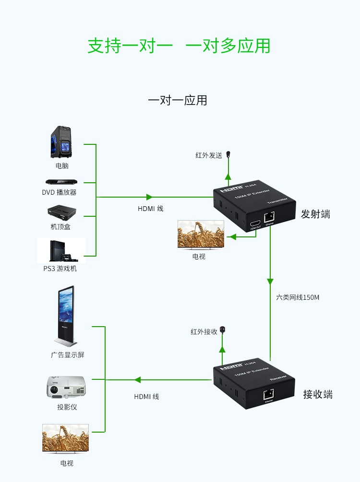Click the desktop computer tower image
(61, 142)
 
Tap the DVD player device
(61, 182)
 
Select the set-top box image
(61, 212)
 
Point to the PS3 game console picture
(62, 250)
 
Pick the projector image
(66, 387)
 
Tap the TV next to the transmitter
(201, 235)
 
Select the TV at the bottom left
(65, 438)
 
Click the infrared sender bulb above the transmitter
(228, 154)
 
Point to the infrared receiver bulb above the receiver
(222, 330)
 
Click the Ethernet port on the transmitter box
(269, 217)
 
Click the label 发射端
(315, 214)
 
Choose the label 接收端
(317, 395)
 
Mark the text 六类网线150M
(298, 297)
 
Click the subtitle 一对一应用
(178, 100)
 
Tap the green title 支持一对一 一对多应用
(179, 46)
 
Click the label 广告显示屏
(68, 355)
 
